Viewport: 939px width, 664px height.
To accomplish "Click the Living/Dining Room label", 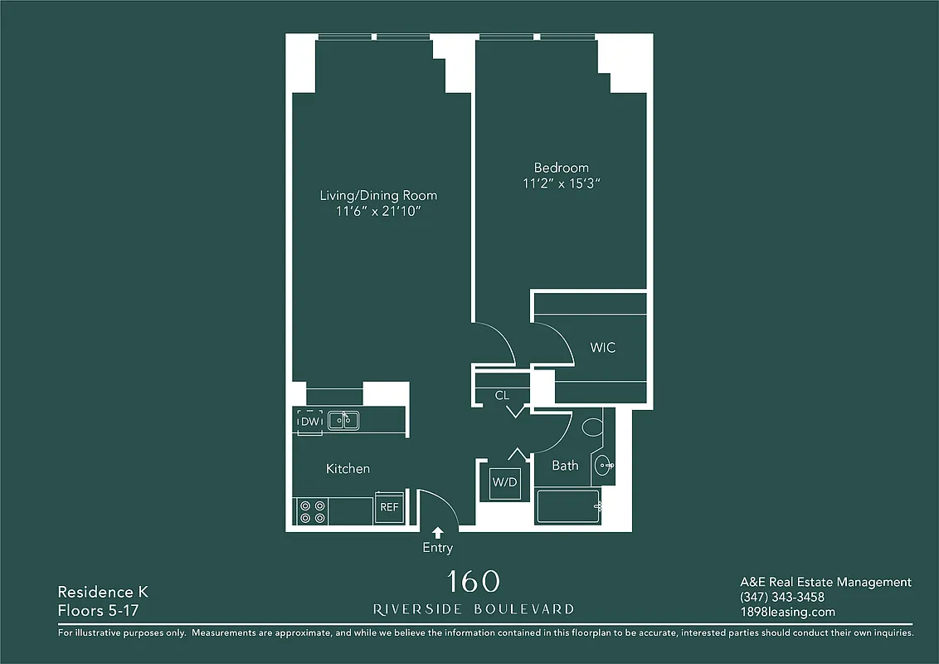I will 378,196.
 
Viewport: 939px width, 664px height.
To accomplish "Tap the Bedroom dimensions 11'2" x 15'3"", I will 561,183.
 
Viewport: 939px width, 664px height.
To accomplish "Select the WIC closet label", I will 603,348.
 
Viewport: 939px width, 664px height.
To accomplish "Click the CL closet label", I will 502,396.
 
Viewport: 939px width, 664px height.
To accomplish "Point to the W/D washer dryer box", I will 504,482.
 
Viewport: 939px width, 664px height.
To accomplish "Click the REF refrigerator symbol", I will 389,507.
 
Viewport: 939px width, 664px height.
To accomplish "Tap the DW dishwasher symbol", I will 310,422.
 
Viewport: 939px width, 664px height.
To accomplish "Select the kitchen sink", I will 343,421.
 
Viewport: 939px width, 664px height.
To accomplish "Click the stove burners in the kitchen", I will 312,510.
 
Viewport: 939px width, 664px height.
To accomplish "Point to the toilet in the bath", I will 592,427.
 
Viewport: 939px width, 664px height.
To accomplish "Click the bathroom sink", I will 603,465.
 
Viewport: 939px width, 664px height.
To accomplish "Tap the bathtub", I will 567,506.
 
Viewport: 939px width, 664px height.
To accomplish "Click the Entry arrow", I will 438,532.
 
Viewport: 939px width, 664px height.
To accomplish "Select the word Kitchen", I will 348,469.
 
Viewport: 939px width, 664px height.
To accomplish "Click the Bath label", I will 565,466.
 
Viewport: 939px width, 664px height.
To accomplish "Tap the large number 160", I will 474,582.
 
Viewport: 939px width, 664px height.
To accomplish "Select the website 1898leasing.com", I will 787,613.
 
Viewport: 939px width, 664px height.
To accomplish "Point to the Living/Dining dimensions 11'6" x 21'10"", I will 378,212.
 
